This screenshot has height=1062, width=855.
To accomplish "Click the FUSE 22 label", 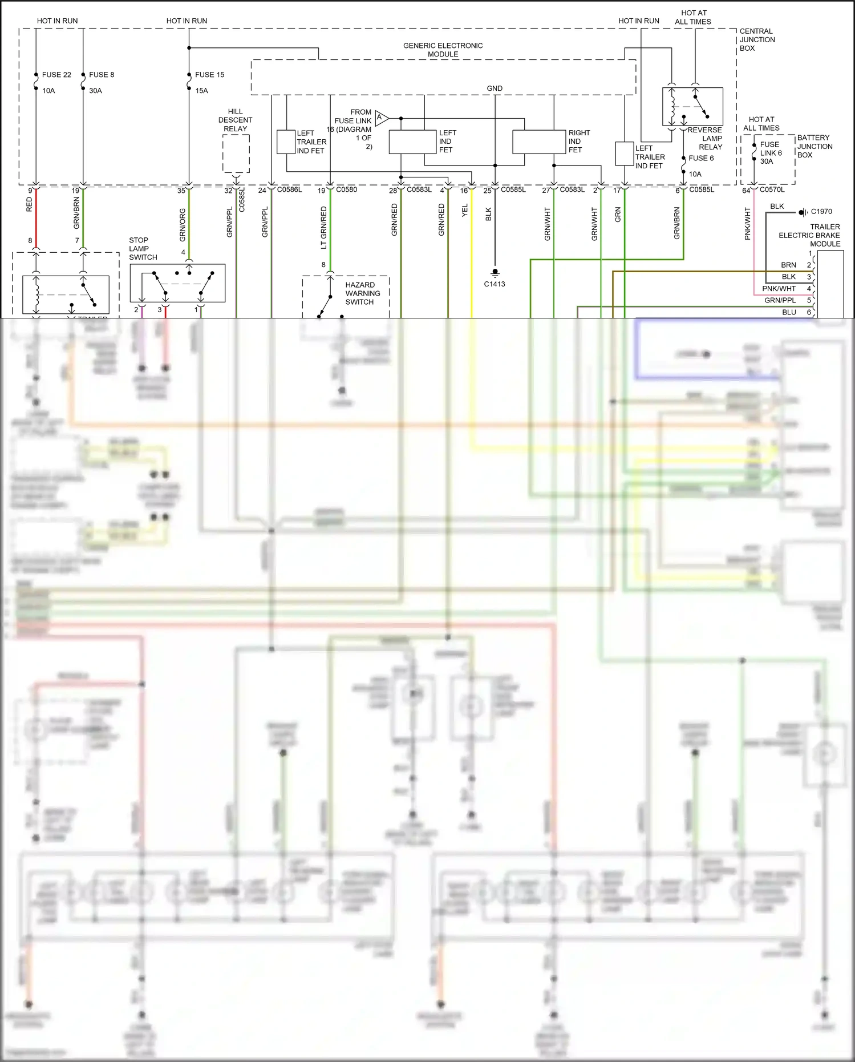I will click(x=56, y=75).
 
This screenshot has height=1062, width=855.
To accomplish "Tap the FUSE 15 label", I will click(x=209, y=75).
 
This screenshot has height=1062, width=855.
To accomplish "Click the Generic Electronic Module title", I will click(x=443, y=50).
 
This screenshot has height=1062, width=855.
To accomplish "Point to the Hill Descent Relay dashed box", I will click(x=236, y=153).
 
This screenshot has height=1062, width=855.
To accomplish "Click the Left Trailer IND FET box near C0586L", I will click(x=285, y=142).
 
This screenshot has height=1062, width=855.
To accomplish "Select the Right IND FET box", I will click(x=538, y=142).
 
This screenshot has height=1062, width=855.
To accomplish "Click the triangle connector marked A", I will click(x=381, y=118).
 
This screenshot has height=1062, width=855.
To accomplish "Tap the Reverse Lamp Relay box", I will click(x=692, y=106).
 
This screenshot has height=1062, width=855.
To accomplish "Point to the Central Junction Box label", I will click(x=757, y=40).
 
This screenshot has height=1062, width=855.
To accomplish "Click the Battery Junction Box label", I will click(x=815, y=146).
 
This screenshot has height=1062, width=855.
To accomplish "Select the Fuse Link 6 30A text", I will click(x=771, y=153).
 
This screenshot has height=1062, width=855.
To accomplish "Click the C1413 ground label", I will click(x=495, y=284).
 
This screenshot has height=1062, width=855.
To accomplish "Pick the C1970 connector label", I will click(x=821, y=212).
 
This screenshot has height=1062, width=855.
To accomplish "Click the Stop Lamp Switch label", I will click(x=143, y=249).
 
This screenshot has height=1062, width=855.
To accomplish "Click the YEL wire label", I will click(x=465, y=210).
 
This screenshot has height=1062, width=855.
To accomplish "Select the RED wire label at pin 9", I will click(x=30, y=204).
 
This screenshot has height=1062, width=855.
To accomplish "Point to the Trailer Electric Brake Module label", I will click(x=809, y=235).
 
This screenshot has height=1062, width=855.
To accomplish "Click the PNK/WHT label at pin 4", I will click(x=779, y=289).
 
